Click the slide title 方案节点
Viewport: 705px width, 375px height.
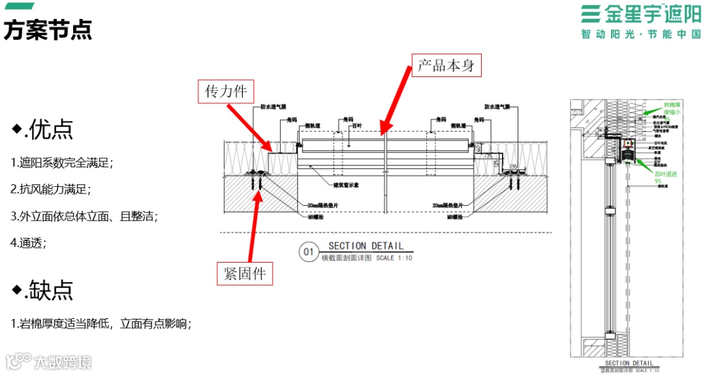(x=48, y=30)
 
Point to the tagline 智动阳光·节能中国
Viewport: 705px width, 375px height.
(x=640, y=34)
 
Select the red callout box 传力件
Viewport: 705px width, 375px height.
(x=226, y=91)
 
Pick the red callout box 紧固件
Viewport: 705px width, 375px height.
(x=244, y=274)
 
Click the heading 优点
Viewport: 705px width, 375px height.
(x=44, y=129)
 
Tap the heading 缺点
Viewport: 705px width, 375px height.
(x=44, y=289)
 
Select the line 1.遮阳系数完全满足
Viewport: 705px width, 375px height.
(x=63, y=163)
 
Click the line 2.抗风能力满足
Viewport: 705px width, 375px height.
(x=51, y=189)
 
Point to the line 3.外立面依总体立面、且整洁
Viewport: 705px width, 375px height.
(x=84, y=216)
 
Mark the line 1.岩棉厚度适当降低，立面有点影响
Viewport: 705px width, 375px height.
(x=101, y=323)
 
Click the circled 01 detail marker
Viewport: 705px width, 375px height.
(x=307, y=252)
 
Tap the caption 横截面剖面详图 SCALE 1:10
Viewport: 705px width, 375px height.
(x=366, y=258)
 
